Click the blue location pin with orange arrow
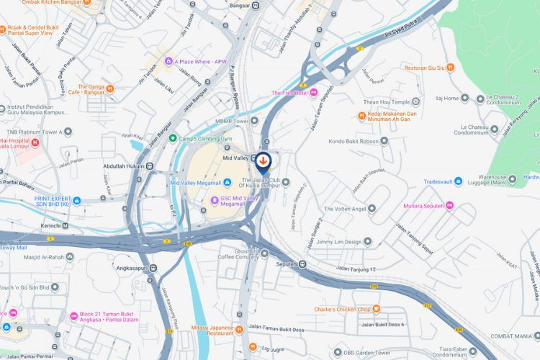pos(264,161)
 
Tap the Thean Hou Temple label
pos(385,101)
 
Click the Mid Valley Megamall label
pos(195,182)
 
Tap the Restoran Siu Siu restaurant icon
pos(451,68)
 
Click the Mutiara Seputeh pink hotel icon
pos(450,206)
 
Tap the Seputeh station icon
pos(302,264)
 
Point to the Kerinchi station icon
pos(66,225)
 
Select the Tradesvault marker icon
pos(457,181)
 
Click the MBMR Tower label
pos(230,121)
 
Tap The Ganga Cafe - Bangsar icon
pos(110,90)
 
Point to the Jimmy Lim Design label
pos(338,242)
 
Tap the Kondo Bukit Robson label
pos(354,141)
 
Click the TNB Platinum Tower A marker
pos(68,132)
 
